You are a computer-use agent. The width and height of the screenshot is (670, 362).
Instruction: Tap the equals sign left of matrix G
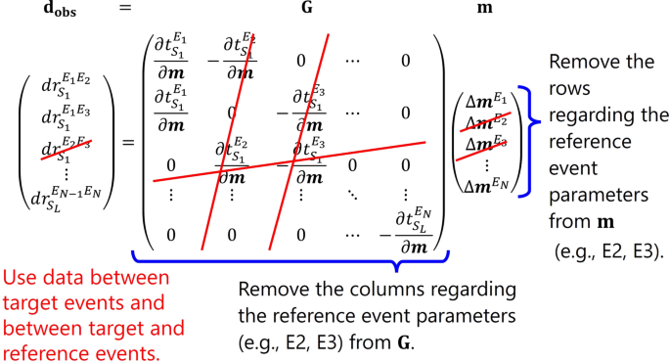126,144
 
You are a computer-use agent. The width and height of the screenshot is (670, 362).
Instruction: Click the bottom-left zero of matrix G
170,234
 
